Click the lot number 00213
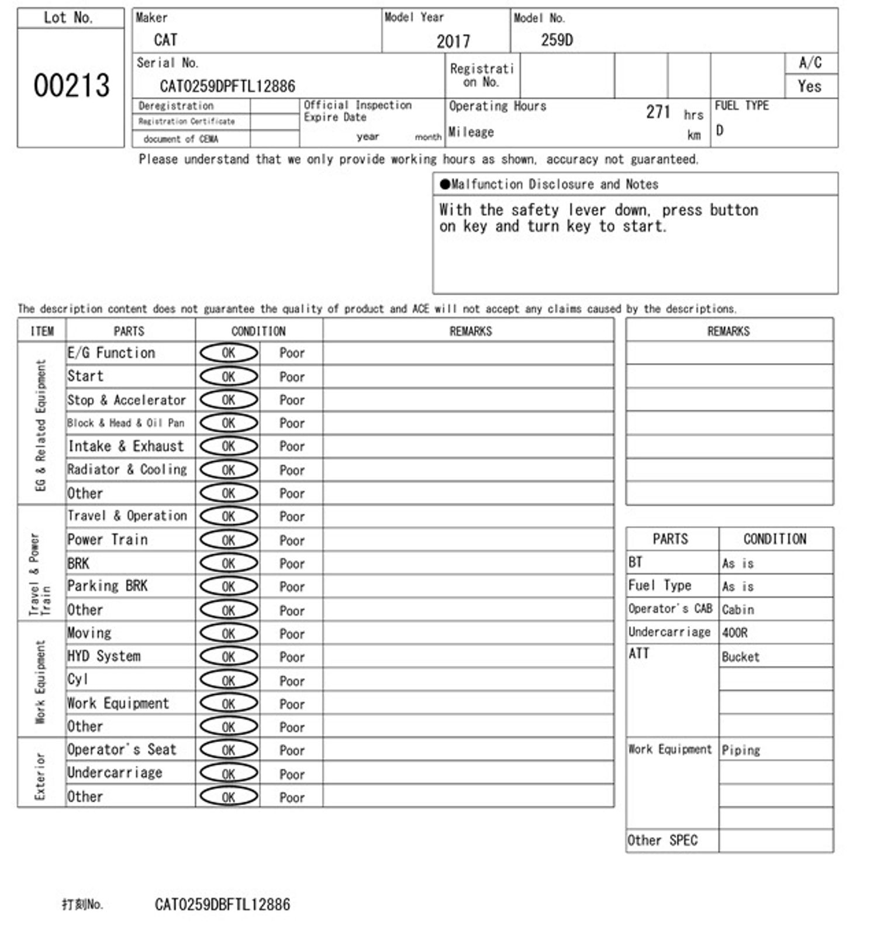pyautogui.click(x=71, y=85)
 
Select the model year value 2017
pyautogui.click(x=453, y=42)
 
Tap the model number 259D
pyautogui.click(x=557, y=40)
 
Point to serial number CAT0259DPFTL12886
pyautogui.click(x=227, y=87)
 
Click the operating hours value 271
pyautogui.click(x=658, y=112)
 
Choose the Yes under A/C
pyautogui.click(x=809, y=87)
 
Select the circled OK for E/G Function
pyautogui.click(x=229, y=353)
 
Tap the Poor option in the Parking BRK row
pyautogui.click(x=292, y=587)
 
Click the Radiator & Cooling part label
pyautogui.click(x=127, y=470)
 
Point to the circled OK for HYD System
pyautogui.click(x=229, y=657)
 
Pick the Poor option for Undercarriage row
pyautogui.click(x=292, y=774)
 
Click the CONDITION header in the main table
pyautogui.click(x=258, y=331)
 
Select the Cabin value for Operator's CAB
pyautogui.click(x=738, y=609)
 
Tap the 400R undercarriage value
pyautogui.click(x=734, y=633)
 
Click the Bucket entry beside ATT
pyautogui.click(x=740, y=657)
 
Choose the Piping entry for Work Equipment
pyautogui.click(x=741, y=750)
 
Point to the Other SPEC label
pyautogui.click(x=662, y=840)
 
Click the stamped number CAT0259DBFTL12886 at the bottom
pyautogui.click(x=222, y=905)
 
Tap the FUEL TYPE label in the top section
pyautogui.click(x=741, y=105)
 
